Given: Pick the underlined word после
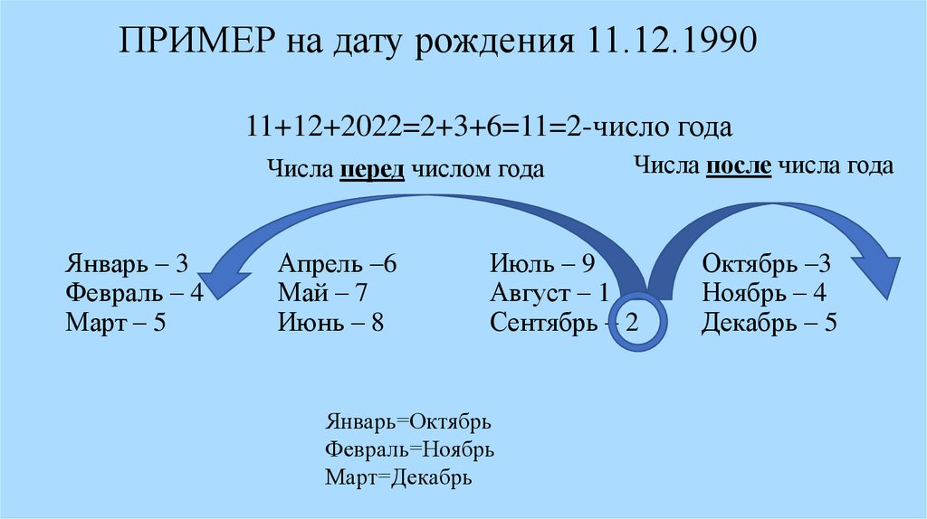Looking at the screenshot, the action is point(740,166).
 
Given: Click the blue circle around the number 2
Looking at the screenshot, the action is point(636,323).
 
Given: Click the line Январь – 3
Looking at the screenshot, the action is point(126,265).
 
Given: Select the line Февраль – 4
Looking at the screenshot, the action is point(133,293).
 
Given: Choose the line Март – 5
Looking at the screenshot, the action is point(115,322).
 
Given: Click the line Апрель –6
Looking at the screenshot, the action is point(338,265).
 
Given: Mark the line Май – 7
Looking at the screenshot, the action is point(323,293).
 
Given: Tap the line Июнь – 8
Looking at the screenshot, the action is point(330,322).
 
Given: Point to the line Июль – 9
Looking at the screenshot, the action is point(541,265).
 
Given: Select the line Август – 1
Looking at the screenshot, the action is point(550,293).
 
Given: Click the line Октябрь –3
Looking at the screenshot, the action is point(765,265).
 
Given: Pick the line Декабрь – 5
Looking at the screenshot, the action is point(769,322).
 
